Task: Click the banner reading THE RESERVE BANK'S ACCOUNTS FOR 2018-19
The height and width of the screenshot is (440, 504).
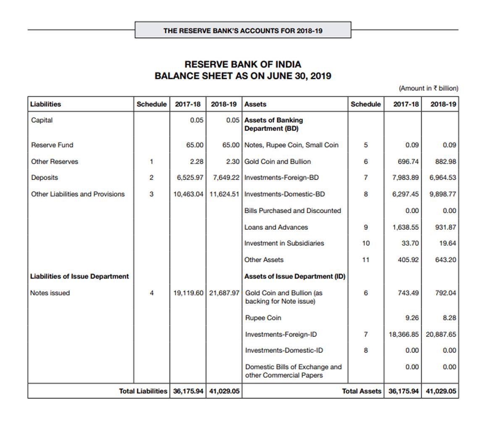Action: pos(243,31)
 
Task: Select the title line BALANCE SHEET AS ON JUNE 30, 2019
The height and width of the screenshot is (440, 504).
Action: pos(243,76)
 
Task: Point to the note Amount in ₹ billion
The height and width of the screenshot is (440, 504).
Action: pos(428,88)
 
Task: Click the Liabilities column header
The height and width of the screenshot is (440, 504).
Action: pos(45,104)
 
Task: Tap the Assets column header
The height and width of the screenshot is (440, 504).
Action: pos(255,104)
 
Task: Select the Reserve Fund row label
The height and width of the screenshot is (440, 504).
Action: pos(52,145)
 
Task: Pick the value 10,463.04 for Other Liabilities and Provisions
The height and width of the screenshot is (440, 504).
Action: pos(189,194)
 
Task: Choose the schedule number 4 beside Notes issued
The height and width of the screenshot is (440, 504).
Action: pos(151,293)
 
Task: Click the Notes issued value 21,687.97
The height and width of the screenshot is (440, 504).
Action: pos(224,293)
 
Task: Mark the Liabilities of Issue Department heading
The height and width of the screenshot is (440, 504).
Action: pos(79,277)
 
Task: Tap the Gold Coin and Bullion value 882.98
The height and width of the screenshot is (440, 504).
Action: pos(446,161)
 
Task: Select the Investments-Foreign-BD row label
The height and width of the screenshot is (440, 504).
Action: pos(281,178)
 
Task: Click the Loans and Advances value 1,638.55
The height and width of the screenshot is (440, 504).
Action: pos(405,227)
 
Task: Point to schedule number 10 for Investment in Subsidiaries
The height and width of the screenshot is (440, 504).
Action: pos(366,243)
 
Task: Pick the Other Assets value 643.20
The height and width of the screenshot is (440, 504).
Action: pos(446,260)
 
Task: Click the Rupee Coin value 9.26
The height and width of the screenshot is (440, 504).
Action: pos(412,318)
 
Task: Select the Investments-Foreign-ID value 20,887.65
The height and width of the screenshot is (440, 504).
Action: pos(441,335)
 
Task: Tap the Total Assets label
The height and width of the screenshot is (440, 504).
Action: pos(361,391)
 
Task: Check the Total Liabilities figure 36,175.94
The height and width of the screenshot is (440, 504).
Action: pos(188,391)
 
